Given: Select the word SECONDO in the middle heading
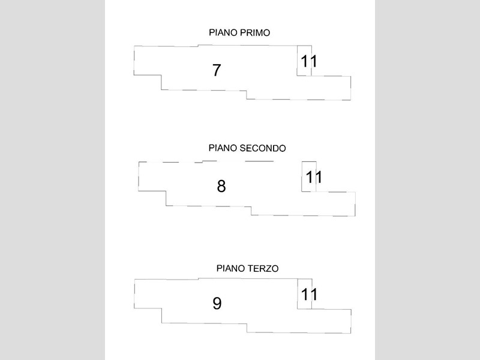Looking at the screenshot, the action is [x=263, y=148].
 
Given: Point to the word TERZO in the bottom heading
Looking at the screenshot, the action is [x=263, y=268].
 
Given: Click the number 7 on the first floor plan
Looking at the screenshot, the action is [x=217, y=70].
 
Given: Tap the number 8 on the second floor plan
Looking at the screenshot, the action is [x=221, y=186].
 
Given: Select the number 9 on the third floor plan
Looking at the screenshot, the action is [x=217, y=304].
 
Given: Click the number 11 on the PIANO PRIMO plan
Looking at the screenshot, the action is [x=309, y=61].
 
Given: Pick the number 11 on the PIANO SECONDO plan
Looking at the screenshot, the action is [x=314, y=177].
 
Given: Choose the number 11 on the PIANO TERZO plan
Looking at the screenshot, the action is [x=309, y=294].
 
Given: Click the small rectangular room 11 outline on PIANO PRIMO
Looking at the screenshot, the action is [x=297, y=61].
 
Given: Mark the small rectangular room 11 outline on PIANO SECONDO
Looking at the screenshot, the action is [x=302, y=176].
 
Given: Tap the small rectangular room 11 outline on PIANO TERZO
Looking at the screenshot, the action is [x=298, y=294].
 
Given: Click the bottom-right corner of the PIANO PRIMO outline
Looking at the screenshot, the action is [x=350, y=100].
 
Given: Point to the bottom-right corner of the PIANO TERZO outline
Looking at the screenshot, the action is [x=351, y=333].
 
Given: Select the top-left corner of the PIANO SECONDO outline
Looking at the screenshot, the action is [x=139, y=162].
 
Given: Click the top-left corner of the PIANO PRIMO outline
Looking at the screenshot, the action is [x=134, y=46].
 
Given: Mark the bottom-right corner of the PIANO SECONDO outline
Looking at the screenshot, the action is [x=355, y=216].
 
